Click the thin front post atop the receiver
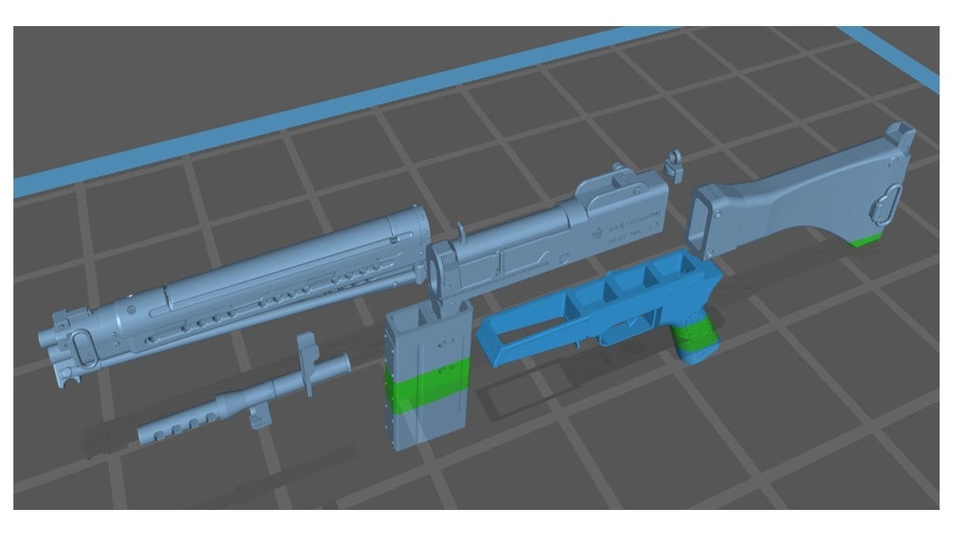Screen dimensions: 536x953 (462, 229)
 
